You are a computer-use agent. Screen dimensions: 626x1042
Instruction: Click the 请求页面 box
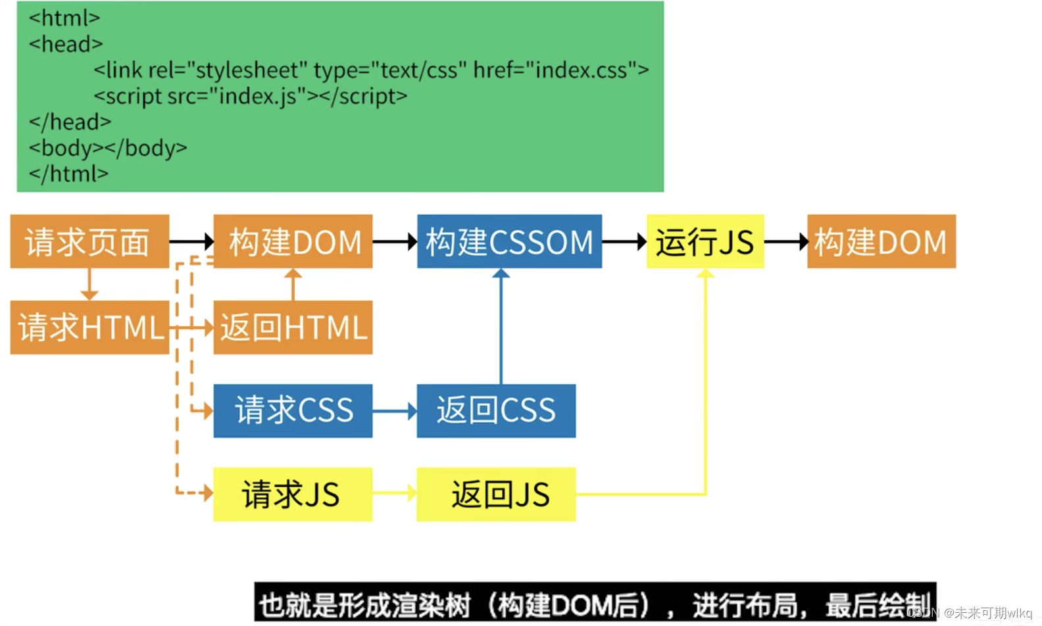pyautogui.click(x=89, y=241)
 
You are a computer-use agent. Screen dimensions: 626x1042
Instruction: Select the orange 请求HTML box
pyautogui.click(x=89, y=327)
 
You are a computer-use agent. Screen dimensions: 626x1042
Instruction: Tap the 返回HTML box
pyautogui.click(x=293, y=327)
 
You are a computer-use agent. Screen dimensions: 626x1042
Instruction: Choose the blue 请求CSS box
pyautogui.click(x=293, y=411)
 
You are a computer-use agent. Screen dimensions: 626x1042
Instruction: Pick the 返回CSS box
pyautogui.click(x=496, y=411)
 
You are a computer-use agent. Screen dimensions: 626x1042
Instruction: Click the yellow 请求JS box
pyautogui.click(x=293, y=494)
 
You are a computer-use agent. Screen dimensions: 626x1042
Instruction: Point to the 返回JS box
pyautogui.click(x=496, y=494)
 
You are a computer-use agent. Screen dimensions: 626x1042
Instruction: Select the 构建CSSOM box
pyautogui.click(x=509, y=241)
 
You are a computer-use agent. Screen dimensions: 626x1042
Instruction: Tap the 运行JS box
pyautogui.click(x=705, y=241)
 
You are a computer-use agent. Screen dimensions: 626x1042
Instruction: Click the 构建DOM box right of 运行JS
pyautogui.click(x=881, y=241)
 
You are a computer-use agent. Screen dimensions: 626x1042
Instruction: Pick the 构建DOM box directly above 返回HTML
pyautogui.click(x=293, y=241)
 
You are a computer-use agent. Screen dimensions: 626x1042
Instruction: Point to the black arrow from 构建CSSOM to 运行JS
pyautogui.click(x=624, y=242)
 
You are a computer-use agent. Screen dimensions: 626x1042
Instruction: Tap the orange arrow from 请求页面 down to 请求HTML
pyautogui.click(x=89, y=284)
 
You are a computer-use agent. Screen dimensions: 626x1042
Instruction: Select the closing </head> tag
pyautogui.click(x=70, y=122)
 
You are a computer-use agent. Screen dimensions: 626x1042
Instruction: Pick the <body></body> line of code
pyautogui.click(x=108, y=148)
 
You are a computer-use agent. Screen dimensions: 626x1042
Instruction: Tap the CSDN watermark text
pyautogui.click(x=970, y=613)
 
